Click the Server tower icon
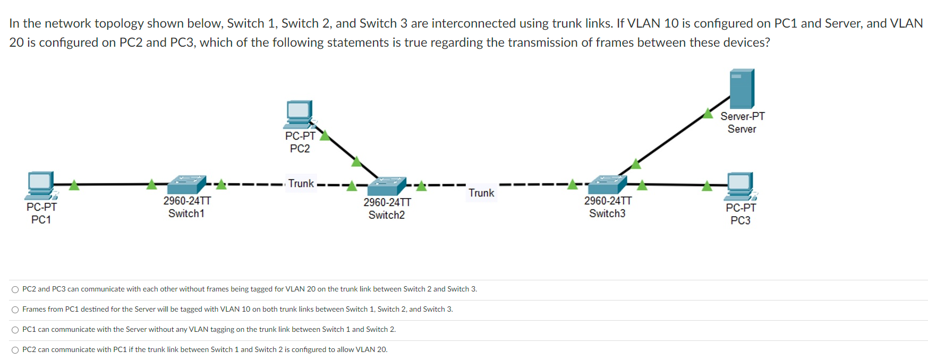(x=742, y=89)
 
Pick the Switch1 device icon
(x=186, y=184)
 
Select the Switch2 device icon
(x=387, y=186)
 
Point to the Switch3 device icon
(x=608, y=184)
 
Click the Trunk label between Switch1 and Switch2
(x=301, y=184)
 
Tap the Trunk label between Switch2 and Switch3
(x=481, y=193)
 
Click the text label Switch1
(x=186, y=213)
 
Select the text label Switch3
(x=607, y=213)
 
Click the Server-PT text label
(x=743, y=116)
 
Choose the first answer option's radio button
(x=15, y=289)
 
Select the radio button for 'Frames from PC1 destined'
(x=15, y=310)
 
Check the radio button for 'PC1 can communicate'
(x=15, y=330)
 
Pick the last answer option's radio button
(x=15, y=350)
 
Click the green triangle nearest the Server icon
(x=708, y=113)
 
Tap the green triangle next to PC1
(x=74, y=185)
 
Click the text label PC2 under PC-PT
(x=300, y=149)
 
